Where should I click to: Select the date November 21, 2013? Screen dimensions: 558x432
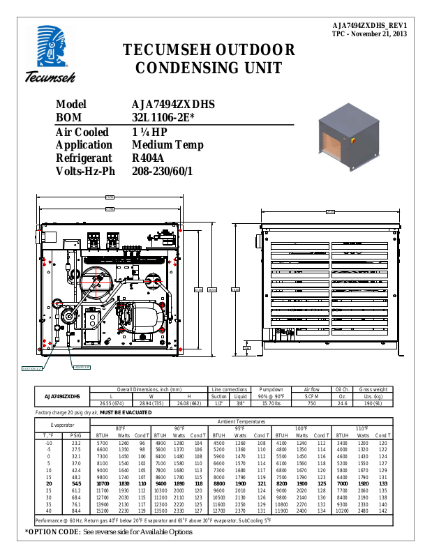382,33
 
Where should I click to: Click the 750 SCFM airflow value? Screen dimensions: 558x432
312,403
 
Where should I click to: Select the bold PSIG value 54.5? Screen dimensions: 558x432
76,483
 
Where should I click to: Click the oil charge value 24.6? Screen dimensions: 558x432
342,403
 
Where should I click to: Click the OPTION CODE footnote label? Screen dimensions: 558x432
54,531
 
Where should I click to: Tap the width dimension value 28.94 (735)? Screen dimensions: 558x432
151,403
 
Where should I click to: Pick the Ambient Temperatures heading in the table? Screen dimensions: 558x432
241,421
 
